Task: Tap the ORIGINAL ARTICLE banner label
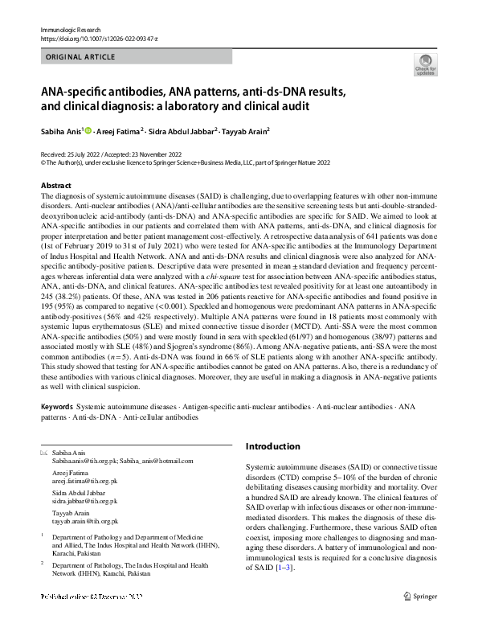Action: (x=78, y=59)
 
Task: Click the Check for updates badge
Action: (x=425, y=64)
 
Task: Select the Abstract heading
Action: (x=55, y=186)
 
